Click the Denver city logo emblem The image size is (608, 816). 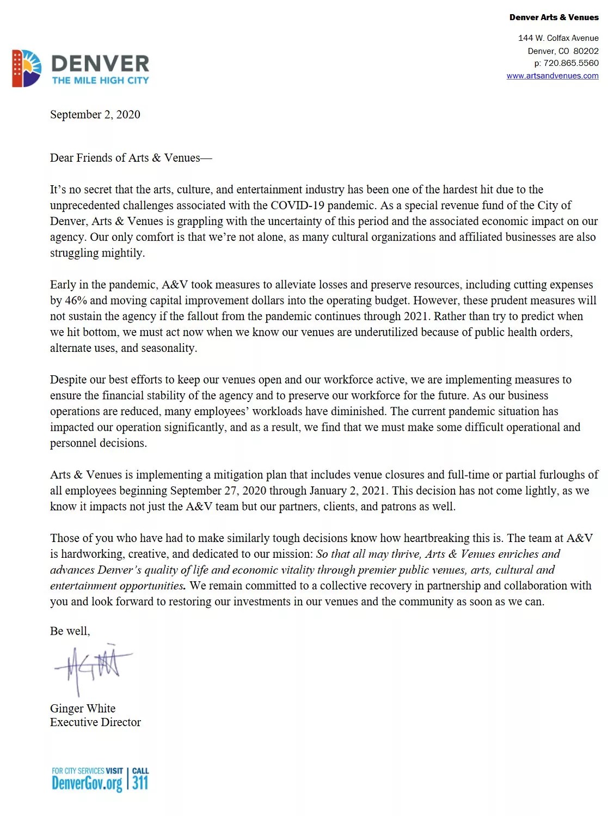coord(27,69)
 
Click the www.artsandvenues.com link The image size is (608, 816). coord(552,76)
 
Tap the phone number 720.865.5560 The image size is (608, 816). coord(570,63)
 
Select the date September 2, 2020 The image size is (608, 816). coord(95,114)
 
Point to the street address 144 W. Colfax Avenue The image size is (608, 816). coord(558,38)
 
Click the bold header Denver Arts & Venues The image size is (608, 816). coord(554,17)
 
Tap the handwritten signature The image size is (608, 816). coord(93,667)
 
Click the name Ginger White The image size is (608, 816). coord(83,708)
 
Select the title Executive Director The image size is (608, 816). coord(95,722)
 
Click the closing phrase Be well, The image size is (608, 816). coord(70,631)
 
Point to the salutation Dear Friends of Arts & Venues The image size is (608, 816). coord(131,158)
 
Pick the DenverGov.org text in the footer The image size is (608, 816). coord(87,783)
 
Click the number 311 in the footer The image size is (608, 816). coord(140,783)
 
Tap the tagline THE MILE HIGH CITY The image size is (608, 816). coord(100,80)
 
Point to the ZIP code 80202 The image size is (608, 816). coord(586,51)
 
